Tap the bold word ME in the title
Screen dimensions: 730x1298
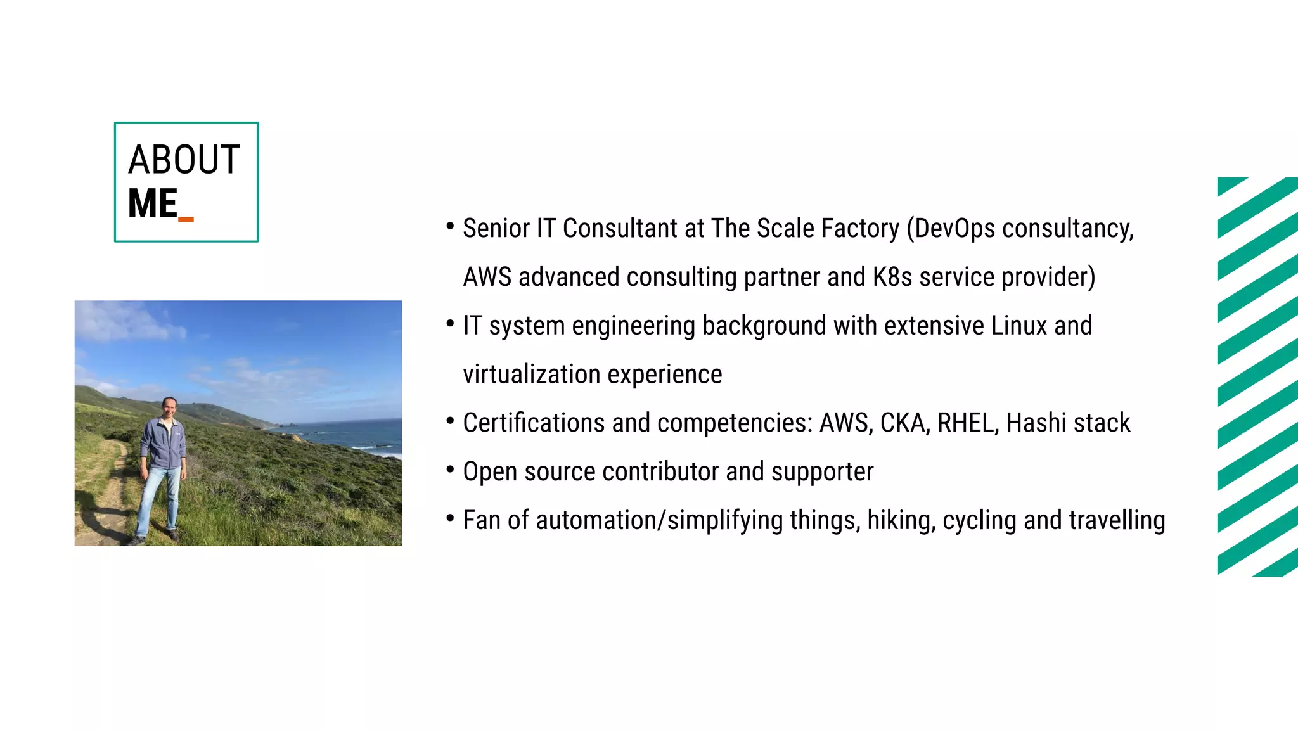152,204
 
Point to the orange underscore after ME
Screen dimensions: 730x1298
186,219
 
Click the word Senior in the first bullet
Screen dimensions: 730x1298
496,229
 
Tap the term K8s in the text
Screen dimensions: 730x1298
892,278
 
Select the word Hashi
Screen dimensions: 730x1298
1027,423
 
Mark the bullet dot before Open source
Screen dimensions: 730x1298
450,470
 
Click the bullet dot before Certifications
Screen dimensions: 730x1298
450,421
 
